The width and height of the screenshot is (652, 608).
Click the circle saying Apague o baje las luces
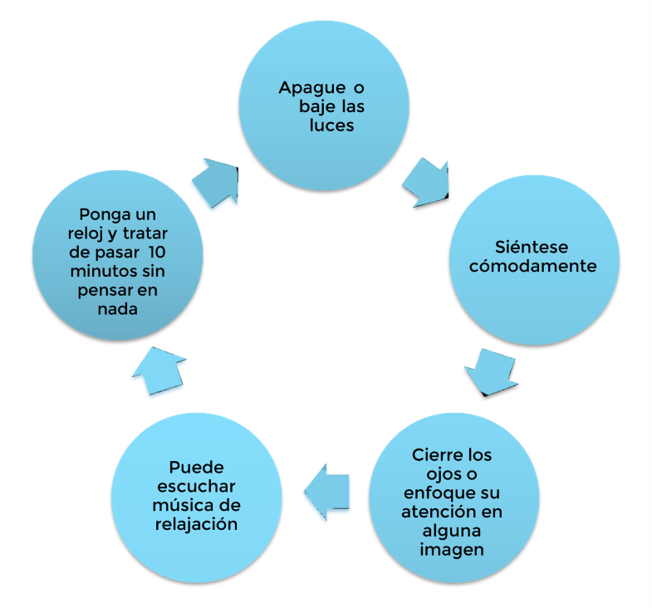(324, 105)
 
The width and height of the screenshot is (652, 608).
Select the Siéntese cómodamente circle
(534, 260)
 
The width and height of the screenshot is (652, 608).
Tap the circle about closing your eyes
(454, 498)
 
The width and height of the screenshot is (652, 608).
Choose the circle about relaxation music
(197, 498)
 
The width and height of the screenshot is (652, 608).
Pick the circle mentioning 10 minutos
(118, 255)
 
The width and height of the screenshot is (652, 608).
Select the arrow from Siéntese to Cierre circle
(492, 372)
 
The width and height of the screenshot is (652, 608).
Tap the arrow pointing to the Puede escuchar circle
(327, 492)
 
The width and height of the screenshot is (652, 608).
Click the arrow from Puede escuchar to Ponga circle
(159, 370)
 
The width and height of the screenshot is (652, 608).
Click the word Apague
(311, 89)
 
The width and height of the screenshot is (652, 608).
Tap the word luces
(331, 125)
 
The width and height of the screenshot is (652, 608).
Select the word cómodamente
(533, 266)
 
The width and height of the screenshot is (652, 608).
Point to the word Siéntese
(532, 247)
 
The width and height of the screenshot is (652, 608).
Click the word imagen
(452, 550)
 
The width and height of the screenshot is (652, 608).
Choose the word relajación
(196, 524)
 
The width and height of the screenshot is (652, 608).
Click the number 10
(157, 252)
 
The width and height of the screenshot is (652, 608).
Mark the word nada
(118, 309)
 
